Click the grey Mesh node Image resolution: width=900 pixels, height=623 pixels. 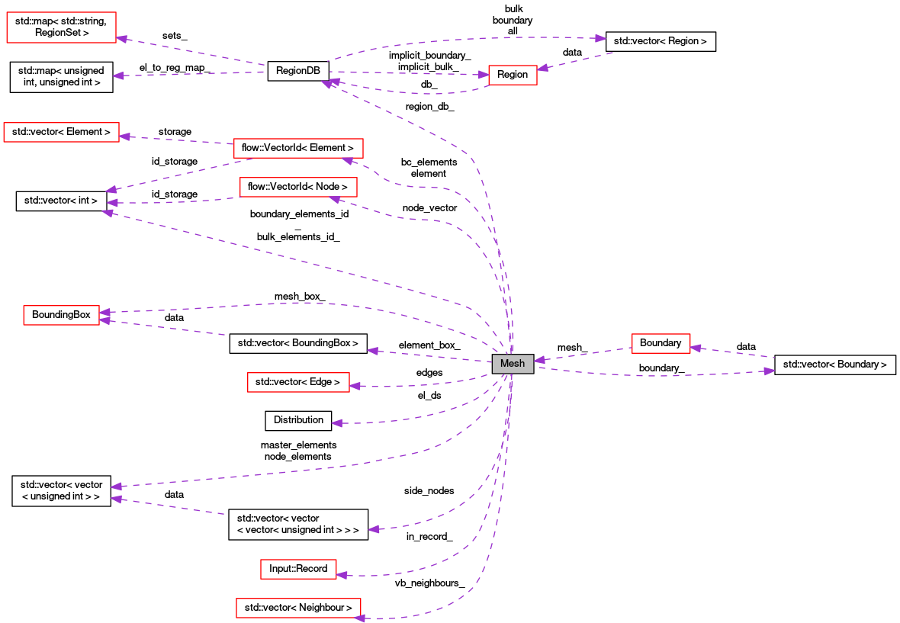point(513,364)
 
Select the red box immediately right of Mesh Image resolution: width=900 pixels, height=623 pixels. point(661,344)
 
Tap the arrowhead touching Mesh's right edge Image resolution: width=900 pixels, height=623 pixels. point(539,360)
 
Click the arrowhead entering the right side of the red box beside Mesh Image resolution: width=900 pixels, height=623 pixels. point(696,348)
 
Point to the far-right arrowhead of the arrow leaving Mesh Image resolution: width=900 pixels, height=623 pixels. point(770,371)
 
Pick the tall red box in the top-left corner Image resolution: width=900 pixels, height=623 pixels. point(61,27)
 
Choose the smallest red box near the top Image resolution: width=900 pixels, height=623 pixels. point(513,75)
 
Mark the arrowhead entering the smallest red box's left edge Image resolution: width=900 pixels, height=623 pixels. point(483,75)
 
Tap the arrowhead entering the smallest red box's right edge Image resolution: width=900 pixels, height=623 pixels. point(542,68)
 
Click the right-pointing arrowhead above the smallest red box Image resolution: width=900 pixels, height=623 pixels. point(601,38)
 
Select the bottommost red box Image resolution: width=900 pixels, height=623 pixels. point(298,608)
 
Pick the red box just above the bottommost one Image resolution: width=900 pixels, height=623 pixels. point(298,569)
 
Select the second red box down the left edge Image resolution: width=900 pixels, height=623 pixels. point(61,132)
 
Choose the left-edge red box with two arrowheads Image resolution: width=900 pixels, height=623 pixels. point(61,315)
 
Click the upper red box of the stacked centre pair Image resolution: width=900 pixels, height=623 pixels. point(298,148)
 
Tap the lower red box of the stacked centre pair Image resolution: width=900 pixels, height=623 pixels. point(298,187)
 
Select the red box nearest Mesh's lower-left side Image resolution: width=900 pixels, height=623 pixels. point(298,382)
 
